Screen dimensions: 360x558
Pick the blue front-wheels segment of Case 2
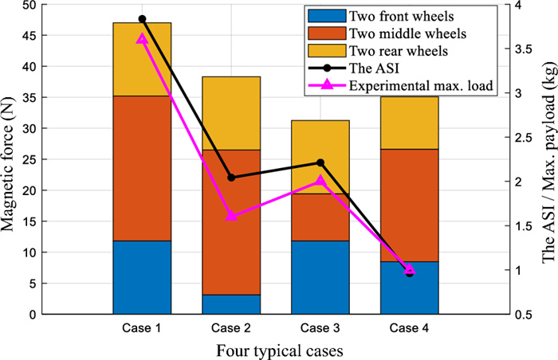[231, 304]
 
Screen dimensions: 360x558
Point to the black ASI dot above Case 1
[142, 18]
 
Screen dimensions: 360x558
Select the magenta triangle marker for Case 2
[231, 215]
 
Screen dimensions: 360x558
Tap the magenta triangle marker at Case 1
[142, 38]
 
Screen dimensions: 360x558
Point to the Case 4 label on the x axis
[410, 328]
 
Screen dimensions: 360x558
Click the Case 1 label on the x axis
[142, 328]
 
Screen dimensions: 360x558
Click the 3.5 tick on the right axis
[522, 49]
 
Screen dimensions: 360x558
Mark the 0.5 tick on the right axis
[522, 315]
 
